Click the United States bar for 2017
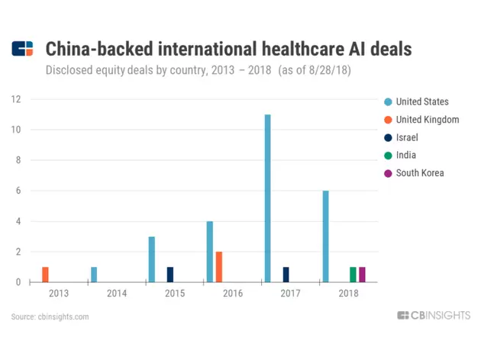pyautogui.click(x=267, y=198)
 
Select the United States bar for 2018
pyautogui.click(x=325, y=236)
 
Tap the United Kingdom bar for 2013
pyautogui.click(x=45, y=275)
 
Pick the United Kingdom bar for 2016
pyautogui.click(x=219, y=267)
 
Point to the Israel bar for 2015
pyautogui.click(x=170, y=275)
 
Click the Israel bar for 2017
pyautogui.click(x=286, y=275)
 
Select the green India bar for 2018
pyautogui.click(x=353, y=275)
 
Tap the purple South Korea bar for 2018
pyautogui.click(x=362, y=275)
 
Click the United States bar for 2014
pyautogui.click(x=94, y=275)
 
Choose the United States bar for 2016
pyautogui.click(x=209, y=252)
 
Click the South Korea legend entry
pyautogui.click(x=419, y=173)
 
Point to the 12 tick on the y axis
pyautogui.click(x=15, y=99)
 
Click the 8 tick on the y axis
pyautogui.click(x=18, y=160)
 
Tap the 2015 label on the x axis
pyautogui.click(x=174, y=293)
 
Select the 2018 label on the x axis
pyautogui.click(x=347, y=293)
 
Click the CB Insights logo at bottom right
pyautogui.click(x=434, y=316)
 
